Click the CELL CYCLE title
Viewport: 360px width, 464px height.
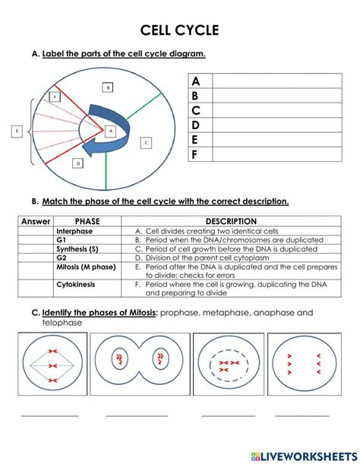click(x=179, y=30)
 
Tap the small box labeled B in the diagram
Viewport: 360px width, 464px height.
click(x=108, y=87)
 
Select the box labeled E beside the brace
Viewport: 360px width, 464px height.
click(x=17, y=131)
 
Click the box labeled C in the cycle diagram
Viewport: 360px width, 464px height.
click(x=146, y=143)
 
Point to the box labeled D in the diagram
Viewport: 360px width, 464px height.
click(x=78, y=163)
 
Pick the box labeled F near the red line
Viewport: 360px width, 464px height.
click(x=55, y=96)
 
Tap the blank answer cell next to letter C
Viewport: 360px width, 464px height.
click(x=277, y=110)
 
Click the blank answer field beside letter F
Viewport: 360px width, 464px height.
click(x=277, y=154)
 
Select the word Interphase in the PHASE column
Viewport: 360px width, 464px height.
click(x=74, y=231)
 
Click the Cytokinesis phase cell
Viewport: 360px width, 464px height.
click(x=87, y=289)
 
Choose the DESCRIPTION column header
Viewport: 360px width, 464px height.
click(x=231, y=221)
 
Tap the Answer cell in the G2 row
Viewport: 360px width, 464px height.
click(x=36, y=257)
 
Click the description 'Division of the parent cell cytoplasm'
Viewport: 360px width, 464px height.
click(x=207, y=257)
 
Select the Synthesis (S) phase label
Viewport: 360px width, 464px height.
click(x=77, y=249)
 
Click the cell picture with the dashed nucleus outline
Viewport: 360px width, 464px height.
click(x=229, y=364)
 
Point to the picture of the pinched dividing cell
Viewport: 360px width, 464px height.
click(x=140, y=364)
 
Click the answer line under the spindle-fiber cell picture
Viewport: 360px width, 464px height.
click(x=49, y=416)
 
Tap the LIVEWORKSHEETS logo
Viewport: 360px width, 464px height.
click(x=304, y=456)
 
